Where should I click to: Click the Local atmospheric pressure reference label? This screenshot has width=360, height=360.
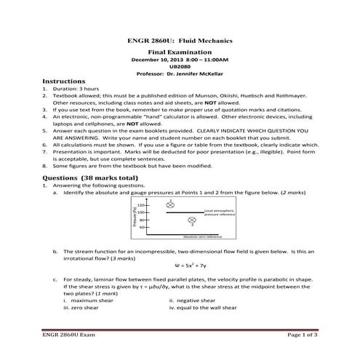(219, 213)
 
